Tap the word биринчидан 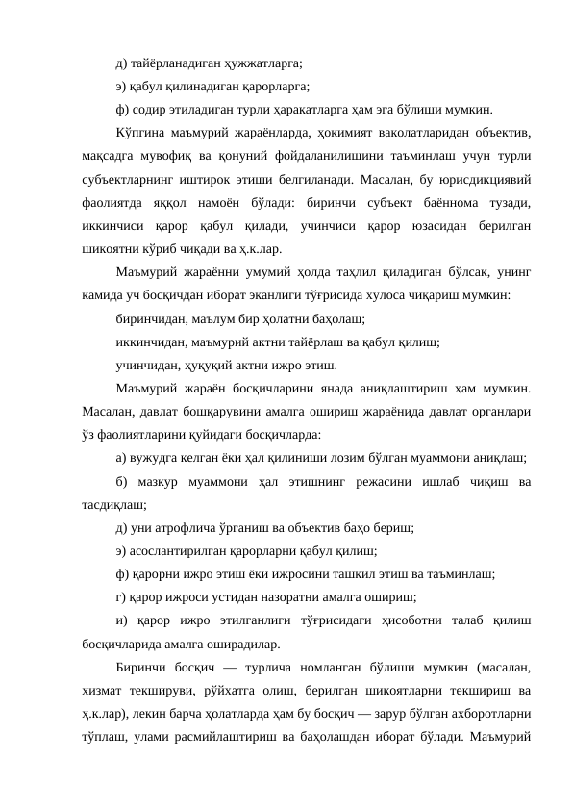point(151,319)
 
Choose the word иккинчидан point(153,342)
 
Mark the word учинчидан point(148,366)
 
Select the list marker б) point(120,482)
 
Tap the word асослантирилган point(180,552)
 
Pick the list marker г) point(119,598)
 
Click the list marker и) point(121,621)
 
